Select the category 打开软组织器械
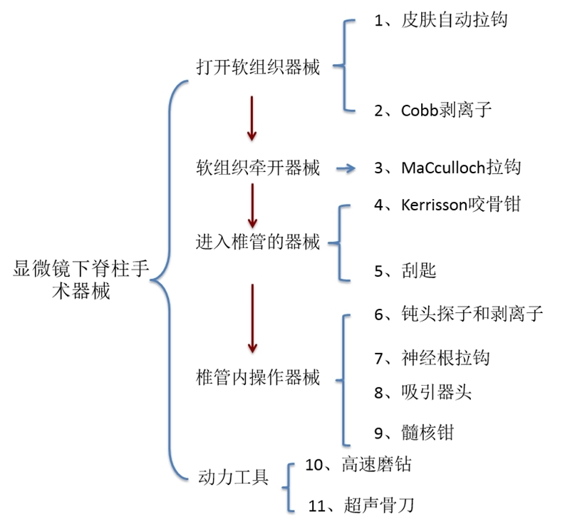coord(258,67)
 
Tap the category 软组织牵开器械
coord(258,168)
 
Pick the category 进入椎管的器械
coord(258,242)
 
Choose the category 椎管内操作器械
coord(258,377)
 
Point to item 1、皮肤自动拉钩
coord(440,20)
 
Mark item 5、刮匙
coord(405,270)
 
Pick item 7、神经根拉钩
coord(432,357)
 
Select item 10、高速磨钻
coord(358,465)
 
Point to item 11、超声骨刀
coord(361,506)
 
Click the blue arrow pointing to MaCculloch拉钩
coord(346,168)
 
